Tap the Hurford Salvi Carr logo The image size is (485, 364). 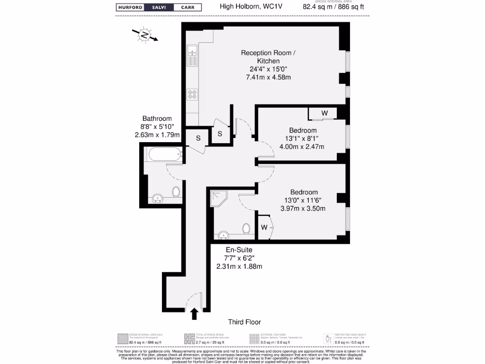[x=159, y=7]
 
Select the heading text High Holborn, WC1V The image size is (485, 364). [x=243, y=7]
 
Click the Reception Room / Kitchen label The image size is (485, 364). [x=268, y=57]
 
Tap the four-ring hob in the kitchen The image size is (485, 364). [x=193, y=94]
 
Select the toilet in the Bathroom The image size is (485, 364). [x=176, y=192]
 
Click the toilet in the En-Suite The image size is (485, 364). [x=246, y=229]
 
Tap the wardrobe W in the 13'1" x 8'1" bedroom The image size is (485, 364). [x=324, y=113]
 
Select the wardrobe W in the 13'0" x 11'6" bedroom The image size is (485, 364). [x=264, y=227]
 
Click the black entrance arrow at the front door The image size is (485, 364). [x=194, y=313]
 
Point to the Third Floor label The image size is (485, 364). [x=244, y=322]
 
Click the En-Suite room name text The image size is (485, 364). [x=239, y=250]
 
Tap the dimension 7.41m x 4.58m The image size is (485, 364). [x=268, y=77]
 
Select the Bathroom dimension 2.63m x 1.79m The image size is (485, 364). [x=157, y=135]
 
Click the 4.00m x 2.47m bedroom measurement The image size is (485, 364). [x=303, y=146]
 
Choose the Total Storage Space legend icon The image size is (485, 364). [x=189, y=338]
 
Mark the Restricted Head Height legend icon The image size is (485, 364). [x=327, y=338]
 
